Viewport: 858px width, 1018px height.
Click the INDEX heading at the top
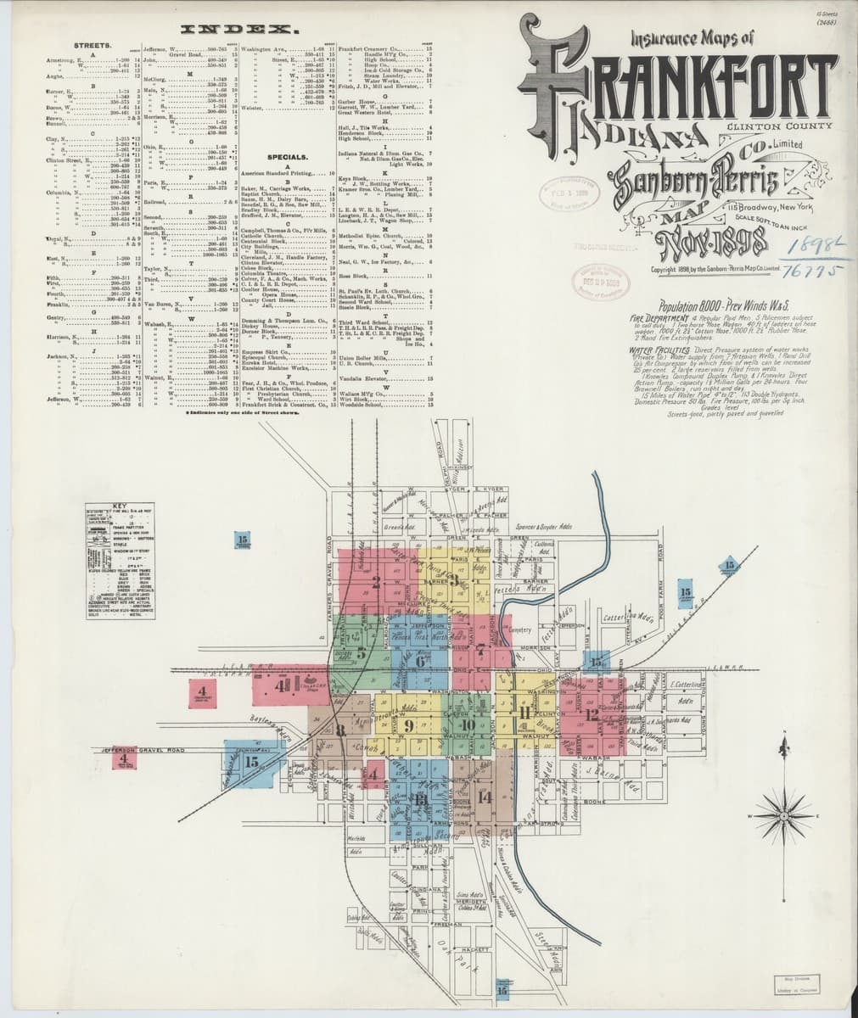(231, 30)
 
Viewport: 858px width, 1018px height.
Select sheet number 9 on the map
(409, 725)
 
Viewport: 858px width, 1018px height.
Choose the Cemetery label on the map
(519, 629)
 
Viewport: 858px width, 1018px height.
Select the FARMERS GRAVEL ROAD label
(329, 577)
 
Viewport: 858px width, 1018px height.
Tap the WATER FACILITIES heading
(658, 350)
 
